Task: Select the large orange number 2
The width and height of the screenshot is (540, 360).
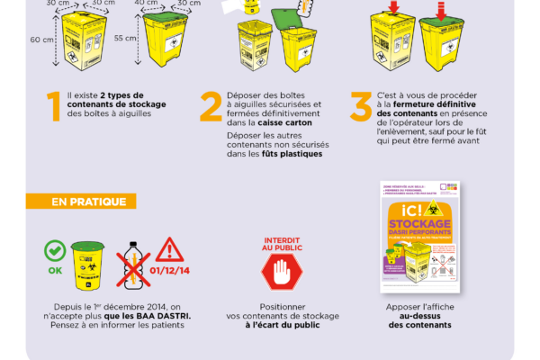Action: pos(211,106)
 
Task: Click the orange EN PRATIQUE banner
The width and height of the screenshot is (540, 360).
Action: pos(89,202)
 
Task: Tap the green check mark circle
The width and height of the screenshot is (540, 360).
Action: pos(54,247)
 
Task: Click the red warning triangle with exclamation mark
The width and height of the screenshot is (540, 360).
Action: pos(169,248)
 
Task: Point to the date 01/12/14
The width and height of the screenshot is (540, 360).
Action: pos(169,269)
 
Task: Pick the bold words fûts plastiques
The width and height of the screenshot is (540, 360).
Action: pos(292,153)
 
